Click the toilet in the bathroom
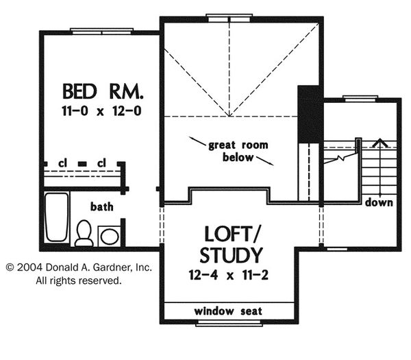coord(84,232)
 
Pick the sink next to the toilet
coord(110,236)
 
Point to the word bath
coord(102,206)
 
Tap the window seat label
coord(228,311)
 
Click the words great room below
coord(238,151)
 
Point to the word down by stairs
coord(379,202)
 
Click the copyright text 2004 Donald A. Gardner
coord(79,268)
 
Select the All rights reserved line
coord(79,280)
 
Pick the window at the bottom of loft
coord(228,322)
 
